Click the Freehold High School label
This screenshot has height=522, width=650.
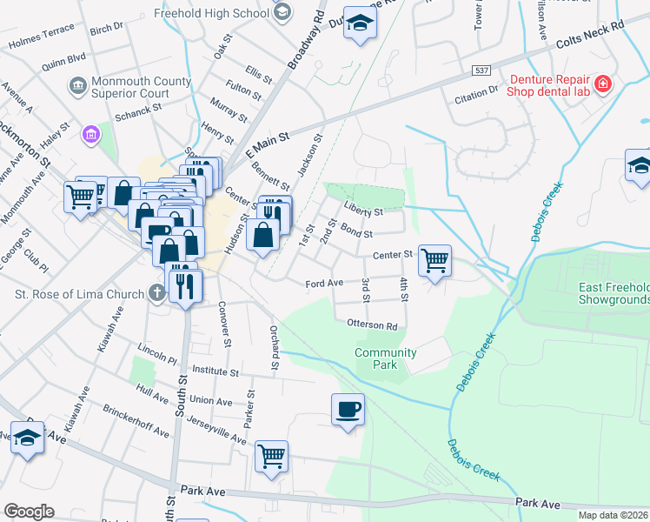pos(210,14)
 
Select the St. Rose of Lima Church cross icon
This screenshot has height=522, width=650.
pos(156,293)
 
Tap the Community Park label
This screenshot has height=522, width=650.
pos(385,358)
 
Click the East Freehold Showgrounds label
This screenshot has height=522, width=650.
pos(614,294)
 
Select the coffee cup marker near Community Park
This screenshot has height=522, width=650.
pos(348,409)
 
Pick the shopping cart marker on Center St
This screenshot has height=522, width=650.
pos(434,259)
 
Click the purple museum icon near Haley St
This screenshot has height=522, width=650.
pos(90,134)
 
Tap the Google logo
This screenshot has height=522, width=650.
pos(29,512)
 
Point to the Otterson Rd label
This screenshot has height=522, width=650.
pos(372,326)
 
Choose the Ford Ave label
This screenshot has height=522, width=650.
pos(324,284)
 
